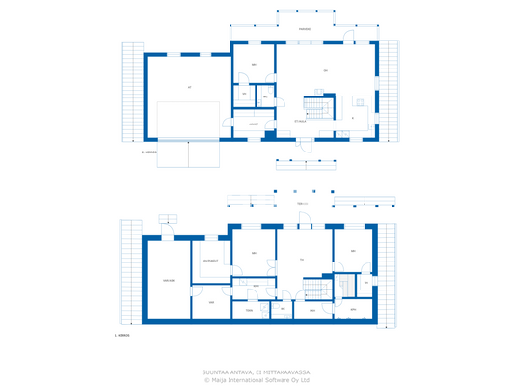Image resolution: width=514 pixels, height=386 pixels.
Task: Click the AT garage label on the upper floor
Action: click(x=189, y=87)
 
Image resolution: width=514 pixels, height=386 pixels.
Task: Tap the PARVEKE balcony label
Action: click(x=304, y=29)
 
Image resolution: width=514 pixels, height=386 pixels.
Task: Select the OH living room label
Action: click(x=325, y=71)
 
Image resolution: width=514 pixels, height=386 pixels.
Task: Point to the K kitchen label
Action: click(x=353, y=118)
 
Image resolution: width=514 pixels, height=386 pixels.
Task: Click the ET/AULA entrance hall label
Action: click(x=300, y=121)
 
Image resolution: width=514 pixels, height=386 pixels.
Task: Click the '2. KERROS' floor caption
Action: click(x=148, y=152)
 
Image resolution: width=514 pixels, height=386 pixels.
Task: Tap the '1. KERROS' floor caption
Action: click(x=122, y=335)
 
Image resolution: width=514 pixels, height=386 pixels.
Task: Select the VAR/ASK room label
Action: click(x=168, y=280)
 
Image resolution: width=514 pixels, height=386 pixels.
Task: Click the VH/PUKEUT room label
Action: click(x=210, y=261)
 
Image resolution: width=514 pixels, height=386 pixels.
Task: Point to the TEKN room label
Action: click(x=248, y=310)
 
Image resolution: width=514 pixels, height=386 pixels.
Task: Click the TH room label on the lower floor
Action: click(x=302, y=259)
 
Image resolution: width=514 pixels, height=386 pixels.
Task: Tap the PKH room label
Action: click(x=311, y=310)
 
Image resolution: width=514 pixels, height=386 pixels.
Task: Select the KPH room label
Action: click(x=353, y=310)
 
